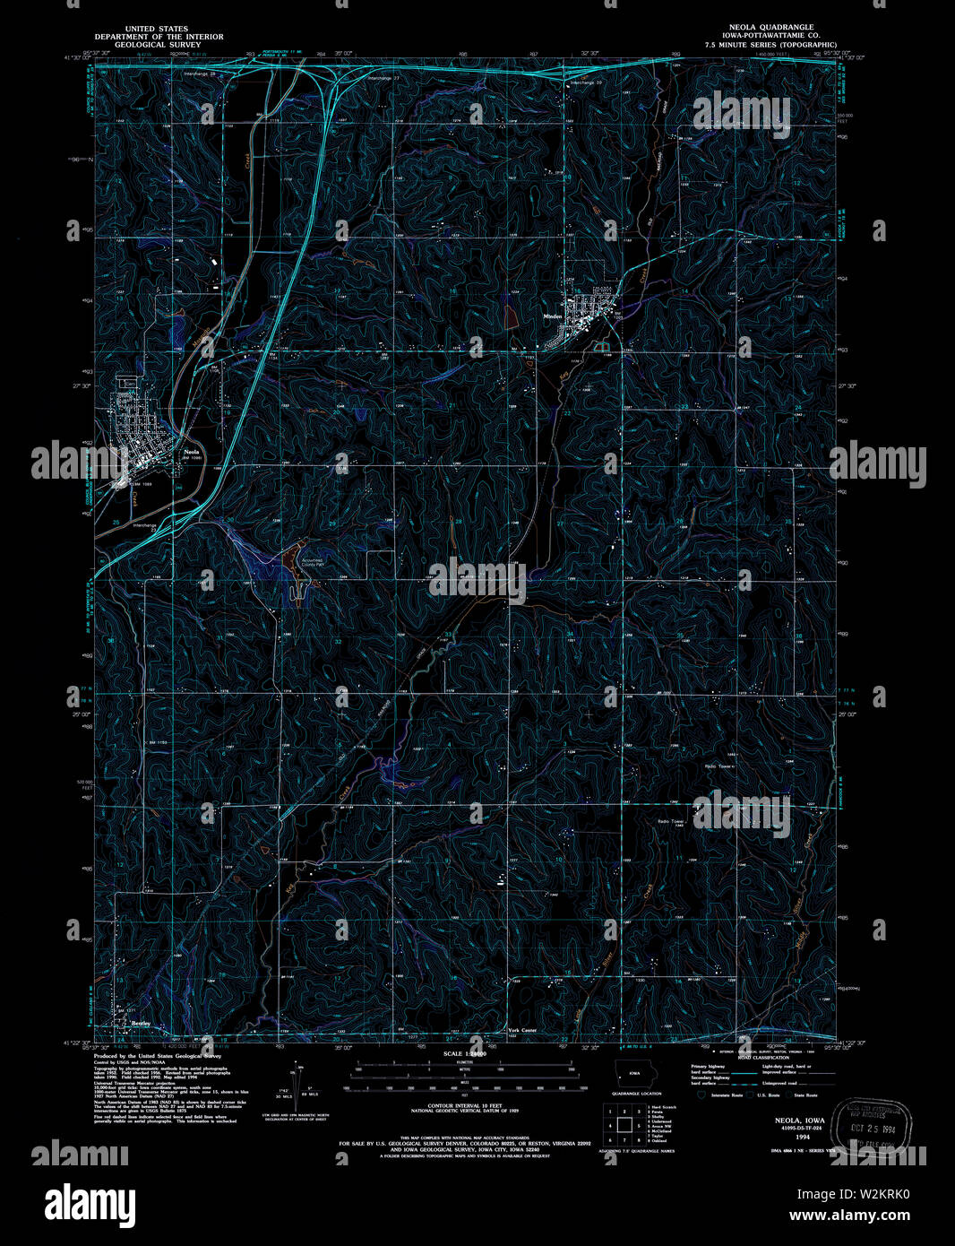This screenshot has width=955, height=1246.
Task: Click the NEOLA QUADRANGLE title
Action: (x=770, y=27)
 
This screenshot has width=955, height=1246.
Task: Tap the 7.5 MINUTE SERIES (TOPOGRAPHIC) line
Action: (x=770, y=44)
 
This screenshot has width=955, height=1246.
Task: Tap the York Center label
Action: (x=522, y=1030)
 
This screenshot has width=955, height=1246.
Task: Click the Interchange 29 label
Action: (x=583, y=83)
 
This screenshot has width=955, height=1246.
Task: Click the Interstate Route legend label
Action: (x=727, y=1095)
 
